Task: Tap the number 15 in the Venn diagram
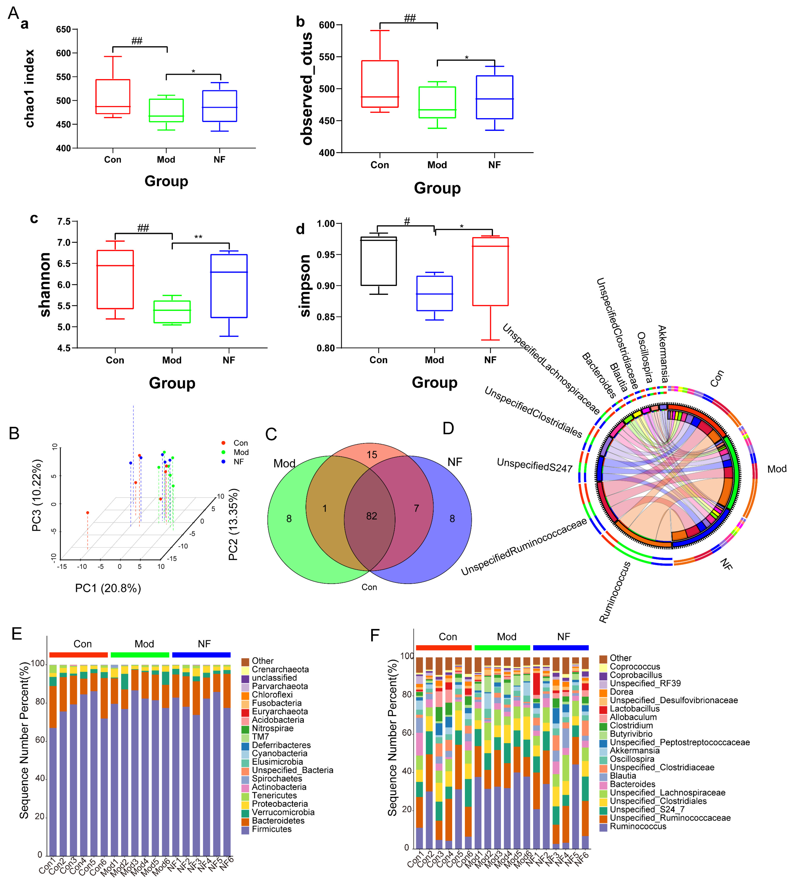372,455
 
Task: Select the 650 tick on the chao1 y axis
64,30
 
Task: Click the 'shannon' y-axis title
45,284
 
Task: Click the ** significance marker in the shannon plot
198,237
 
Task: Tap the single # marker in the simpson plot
407,221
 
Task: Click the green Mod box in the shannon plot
172,312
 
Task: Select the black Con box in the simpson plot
378,261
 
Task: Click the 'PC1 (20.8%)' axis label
108,588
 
